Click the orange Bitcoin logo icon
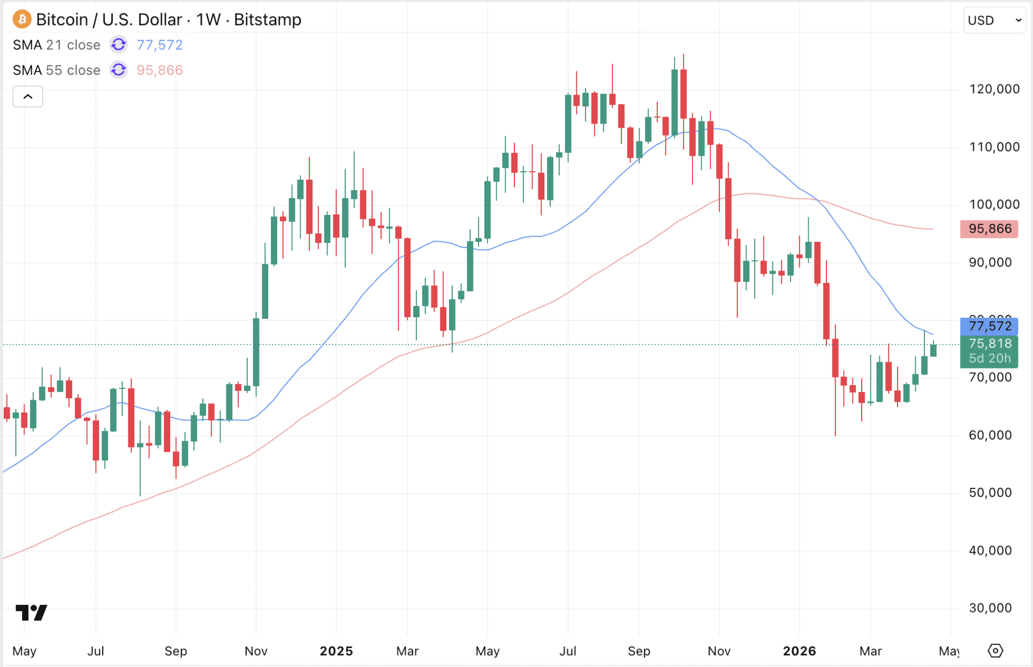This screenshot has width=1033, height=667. (x=22, y=20)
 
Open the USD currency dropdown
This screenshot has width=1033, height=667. (x=994, y=20)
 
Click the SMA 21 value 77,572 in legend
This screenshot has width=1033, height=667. (x=159, y=45)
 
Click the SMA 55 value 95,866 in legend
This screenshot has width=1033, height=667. (x=159, y=70)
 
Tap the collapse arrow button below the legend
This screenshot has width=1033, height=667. (x=28, y=97)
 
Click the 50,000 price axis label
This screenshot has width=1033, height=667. (x=990, y=493)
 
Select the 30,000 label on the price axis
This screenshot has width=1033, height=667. (x=990, y=608)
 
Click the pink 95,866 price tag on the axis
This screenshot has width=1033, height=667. (x=989, y=229)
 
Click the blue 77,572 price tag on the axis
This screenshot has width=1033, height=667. (x=989, y=326)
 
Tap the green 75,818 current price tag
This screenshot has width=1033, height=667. (x=989, y=344)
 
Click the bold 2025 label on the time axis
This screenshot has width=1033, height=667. (x=336, y=651)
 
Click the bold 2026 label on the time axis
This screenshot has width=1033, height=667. (x=799, y=651)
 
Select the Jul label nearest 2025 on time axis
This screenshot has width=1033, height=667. (x=567, y=651)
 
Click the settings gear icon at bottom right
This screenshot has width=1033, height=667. (x=995, y=651)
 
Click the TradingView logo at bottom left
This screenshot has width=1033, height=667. (x=31, y=612)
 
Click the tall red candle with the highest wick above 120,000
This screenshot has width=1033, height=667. (x=683, y=94)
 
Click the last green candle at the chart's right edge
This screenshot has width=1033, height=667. (x=933, y=350)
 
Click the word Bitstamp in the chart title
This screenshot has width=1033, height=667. (x=268, y=20)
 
